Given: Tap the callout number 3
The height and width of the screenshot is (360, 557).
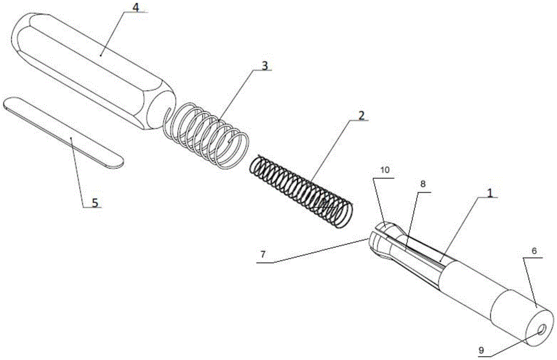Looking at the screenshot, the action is pos(265,66).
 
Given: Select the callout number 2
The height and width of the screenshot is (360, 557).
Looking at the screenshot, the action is pos(361,115).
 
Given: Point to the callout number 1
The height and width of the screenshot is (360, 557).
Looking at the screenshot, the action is pos(490,193).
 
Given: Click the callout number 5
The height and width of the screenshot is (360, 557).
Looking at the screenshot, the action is pos(95,202).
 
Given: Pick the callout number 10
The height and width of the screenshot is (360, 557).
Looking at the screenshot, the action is pos(385,170).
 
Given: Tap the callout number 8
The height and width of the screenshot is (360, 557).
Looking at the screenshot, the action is pos(423,184).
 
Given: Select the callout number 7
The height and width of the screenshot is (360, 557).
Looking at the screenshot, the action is pos(263,254).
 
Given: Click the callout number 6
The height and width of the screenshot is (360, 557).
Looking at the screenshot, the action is pos(534,251).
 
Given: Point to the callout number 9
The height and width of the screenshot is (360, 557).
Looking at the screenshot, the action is pos(481,350).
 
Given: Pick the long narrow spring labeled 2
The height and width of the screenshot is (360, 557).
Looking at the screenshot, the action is pos(301,191).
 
